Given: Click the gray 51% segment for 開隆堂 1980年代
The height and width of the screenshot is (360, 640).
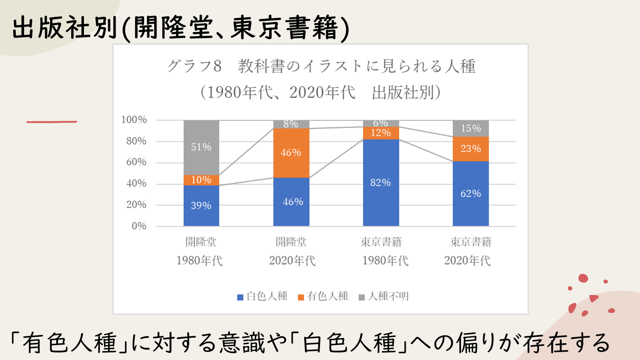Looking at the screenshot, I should (x=201, y=147).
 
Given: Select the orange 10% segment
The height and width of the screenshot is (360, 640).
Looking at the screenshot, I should (x=201, y=180).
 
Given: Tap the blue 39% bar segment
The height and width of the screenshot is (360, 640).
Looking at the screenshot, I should (x=201, y=206).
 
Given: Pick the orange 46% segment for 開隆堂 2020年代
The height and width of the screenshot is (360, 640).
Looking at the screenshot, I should (x=291, y=153).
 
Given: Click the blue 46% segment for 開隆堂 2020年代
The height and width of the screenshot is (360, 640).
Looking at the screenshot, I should (x=291, y=202).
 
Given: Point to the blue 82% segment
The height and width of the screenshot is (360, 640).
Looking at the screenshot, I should (x=381, y=183).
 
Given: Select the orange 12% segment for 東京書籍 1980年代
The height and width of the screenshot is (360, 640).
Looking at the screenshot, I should (x=381, y=133).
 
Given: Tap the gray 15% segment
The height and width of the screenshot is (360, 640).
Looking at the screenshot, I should (x=470, y=128).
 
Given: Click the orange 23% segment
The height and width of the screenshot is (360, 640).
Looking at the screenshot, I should (x=470, y=149).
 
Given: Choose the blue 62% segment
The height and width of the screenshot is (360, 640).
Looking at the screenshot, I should (x=470, y=193).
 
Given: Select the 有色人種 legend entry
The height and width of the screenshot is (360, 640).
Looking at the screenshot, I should (x=323, y=296).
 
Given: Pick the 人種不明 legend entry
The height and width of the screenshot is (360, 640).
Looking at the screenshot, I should (x=384, y=296).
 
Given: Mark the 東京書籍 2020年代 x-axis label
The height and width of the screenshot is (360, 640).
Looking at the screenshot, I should (x=470, y=251).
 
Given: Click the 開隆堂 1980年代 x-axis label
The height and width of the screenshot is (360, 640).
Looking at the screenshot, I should (x=200, y=251).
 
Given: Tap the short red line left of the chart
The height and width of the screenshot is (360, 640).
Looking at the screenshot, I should (x=52, y=122).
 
